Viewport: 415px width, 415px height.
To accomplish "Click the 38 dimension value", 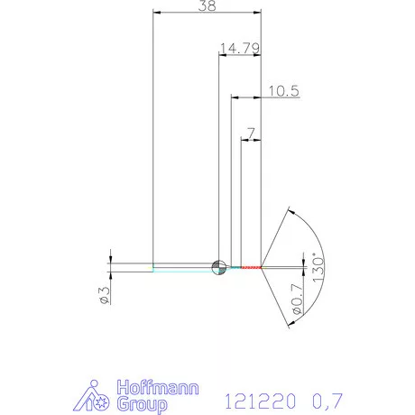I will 207,5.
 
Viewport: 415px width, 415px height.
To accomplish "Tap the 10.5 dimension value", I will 283,90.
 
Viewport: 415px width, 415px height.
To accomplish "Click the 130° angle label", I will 317,267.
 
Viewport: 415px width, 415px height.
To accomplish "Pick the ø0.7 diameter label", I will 297,300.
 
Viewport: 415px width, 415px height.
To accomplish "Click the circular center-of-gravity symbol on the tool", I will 218,266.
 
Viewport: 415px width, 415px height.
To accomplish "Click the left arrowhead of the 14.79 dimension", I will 222,56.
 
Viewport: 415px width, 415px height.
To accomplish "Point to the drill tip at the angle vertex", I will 263,267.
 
